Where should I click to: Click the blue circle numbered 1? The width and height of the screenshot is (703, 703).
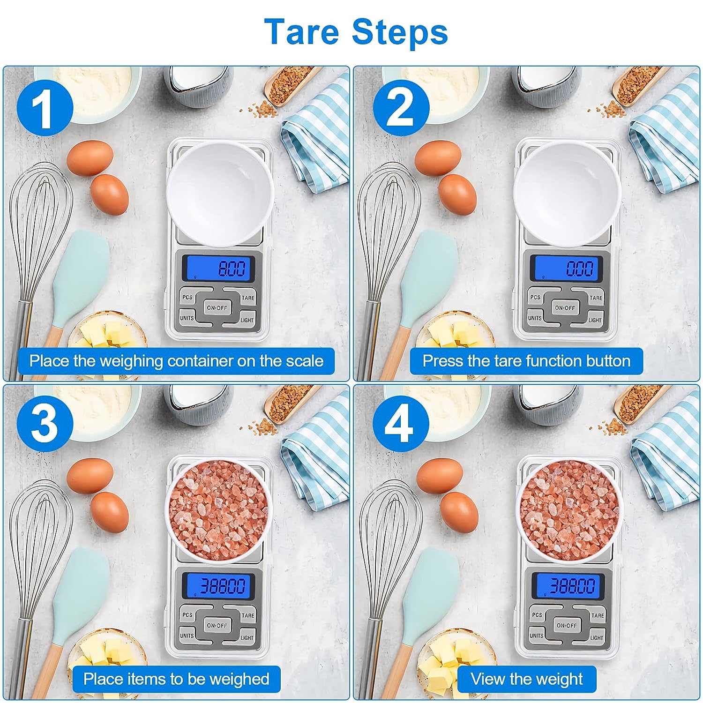click(x=45, y=108)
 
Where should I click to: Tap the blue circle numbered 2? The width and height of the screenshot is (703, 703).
click(x=401, y=108)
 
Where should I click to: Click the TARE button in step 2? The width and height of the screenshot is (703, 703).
click(x=595, y=297)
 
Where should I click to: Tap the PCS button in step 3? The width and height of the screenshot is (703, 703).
click(x=187, y=615)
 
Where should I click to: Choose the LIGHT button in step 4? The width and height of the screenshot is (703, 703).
click(x=595, y=636)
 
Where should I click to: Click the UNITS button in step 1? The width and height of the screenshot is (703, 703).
click(x=187, y=317)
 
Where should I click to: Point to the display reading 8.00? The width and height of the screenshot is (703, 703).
click(x=218, y=269)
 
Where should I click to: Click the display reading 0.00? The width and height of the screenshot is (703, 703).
click(x=568, y=269)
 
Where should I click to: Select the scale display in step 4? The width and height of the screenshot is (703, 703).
click(x=568, y=586)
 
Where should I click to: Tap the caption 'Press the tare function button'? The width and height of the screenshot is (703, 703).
click(x=526, y=361)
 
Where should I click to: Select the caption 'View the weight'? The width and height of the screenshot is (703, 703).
click(x=527, y=679)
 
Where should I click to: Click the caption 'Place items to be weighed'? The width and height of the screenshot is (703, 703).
click(x=176, y=679)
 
